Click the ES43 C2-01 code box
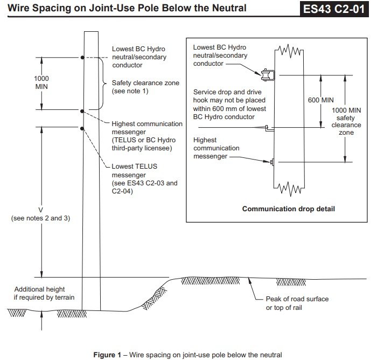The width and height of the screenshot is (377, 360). click(x=334, y=9)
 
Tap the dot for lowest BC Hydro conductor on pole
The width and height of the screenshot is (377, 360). click(x=82, y=58)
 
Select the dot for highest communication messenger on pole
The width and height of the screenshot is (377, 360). click(x=82, y=111)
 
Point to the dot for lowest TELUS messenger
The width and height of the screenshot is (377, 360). click(x=82, y=129)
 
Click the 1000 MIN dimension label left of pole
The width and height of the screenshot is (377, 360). click(x=41, y=82)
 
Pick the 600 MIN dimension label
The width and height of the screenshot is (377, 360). click(x=321, y=100)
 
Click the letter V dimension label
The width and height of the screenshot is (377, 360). click(x=40, y=210)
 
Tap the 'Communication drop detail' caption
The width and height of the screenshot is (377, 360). click(x=288, y=209)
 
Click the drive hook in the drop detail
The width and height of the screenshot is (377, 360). click(x=269, y=128)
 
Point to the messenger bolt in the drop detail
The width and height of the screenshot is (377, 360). click(x=272, y=162)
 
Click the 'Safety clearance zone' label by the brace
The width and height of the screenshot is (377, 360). click(x=145, y=87)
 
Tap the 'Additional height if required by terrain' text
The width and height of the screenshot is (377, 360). click(x=44, y=293)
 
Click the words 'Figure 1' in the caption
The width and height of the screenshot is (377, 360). click(x=107, y=355)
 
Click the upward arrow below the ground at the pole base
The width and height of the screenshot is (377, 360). click(x=41, y=320)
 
